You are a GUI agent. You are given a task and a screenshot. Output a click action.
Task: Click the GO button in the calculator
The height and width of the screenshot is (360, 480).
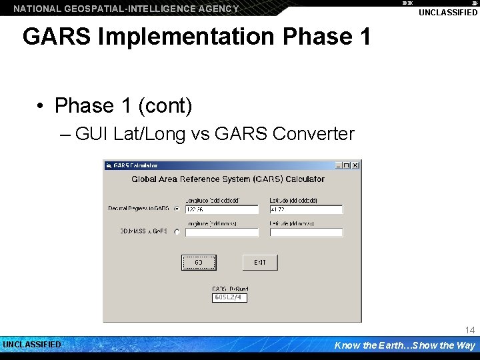[199, 263]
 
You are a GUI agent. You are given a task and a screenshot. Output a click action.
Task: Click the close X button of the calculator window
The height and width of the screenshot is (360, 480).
[355, 165]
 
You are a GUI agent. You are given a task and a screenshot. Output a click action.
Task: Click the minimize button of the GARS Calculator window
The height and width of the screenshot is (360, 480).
[338, 165]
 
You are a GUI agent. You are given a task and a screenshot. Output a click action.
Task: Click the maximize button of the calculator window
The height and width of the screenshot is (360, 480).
[347, 165]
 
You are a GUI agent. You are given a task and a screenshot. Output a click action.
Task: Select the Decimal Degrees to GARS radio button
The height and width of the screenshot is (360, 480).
[177, 209]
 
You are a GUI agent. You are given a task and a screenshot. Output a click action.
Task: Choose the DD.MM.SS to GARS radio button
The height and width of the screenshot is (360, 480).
[177, 232]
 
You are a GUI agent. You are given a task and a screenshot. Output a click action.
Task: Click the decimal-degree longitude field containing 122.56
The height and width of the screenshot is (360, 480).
[221, 209]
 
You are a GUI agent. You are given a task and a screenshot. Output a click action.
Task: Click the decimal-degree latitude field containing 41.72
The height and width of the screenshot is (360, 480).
[305, 209]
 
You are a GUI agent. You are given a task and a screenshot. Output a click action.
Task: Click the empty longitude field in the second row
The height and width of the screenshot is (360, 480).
[221, 233]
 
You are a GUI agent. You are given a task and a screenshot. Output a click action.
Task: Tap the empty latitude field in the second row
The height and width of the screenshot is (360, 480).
[305, 233]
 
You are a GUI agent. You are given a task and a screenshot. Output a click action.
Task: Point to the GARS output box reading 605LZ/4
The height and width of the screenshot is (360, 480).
[229, 297]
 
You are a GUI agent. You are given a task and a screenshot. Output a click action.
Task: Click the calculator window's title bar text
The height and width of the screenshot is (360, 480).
[135, 165]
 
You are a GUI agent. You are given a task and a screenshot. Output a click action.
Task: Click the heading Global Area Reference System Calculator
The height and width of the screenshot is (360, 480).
[228, 179]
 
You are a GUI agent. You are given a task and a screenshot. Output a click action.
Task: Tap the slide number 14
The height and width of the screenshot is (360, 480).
[470, 331]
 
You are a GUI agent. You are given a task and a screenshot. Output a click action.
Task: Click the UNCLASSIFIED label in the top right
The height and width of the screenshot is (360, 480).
[448, 13]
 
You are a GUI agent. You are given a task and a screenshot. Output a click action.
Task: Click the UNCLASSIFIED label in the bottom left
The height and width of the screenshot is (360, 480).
[32, 345]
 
